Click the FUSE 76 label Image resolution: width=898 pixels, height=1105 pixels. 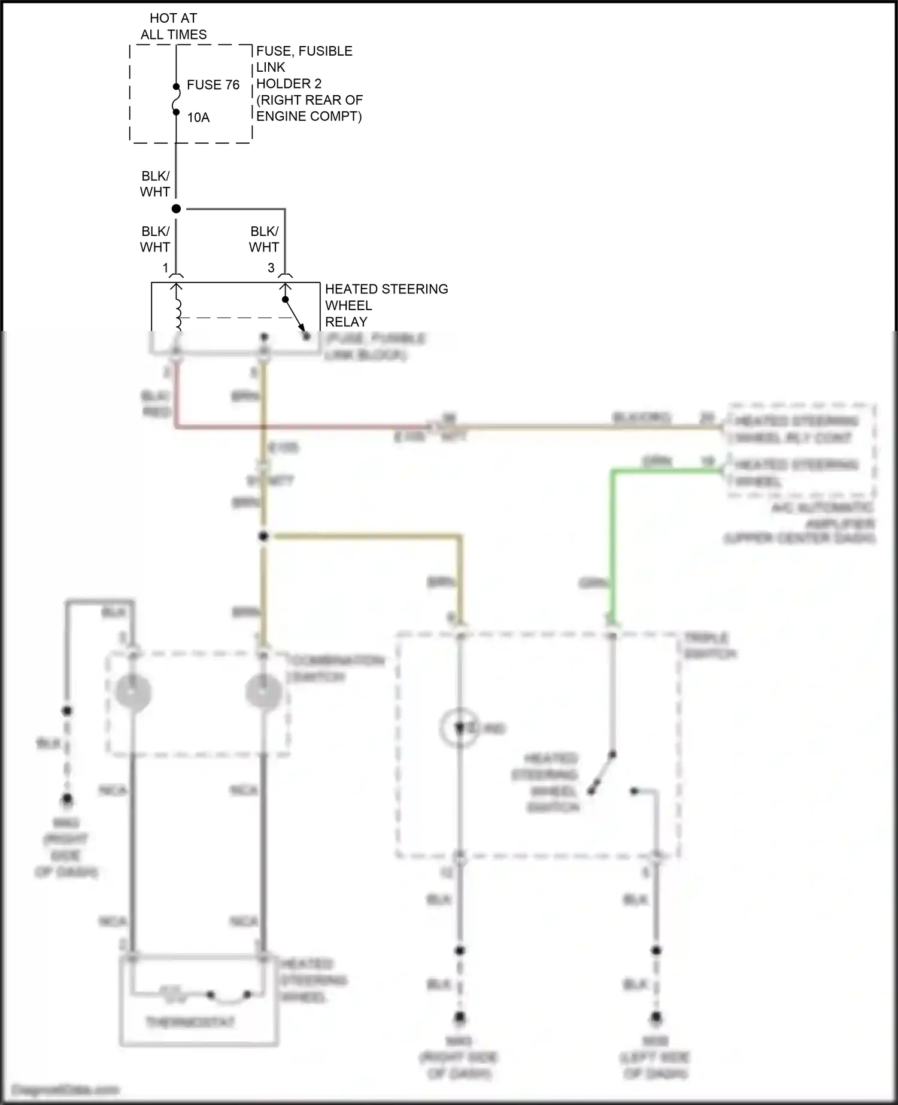[213, 85]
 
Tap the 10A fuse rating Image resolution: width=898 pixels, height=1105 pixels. [198, 117]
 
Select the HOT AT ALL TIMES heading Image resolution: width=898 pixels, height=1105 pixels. [174, 27]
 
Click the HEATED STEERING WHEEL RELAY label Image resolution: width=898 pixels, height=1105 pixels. [386, 305]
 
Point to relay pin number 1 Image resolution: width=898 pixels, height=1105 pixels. [166, 268]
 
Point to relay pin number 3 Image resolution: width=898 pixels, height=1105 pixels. [271, 268]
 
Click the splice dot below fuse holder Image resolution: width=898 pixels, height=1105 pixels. [176, 209]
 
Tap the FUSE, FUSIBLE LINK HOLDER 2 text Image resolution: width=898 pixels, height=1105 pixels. [309, 84]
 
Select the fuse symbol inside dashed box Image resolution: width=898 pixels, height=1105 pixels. [176, 99]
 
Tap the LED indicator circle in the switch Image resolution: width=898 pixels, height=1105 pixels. [459, 728]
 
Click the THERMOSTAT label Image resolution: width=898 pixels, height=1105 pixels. [190, 1021]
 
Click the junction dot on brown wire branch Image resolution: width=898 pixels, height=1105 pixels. [263, 536]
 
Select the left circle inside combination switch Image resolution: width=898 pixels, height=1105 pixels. [133, 693]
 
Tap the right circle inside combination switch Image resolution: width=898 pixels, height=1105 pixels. [263, 693]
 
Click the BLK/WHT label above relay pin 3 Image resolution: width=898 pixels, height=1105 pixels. [264, 239]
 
